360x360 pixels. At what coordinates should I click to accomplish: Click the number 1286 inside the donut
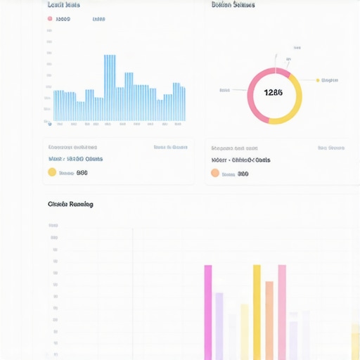(x=274, y=93)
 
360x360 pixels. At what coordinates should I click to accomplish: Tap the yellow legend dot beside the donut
(x=318, y=80)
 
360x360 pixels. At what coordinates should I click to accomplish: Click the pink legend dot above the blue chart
(x=49, y=20)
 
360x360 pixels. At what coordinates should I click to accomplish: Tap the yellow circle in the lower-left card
(x=52, y=172)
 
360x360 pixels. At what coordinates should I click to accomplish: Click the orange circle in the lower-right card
(x=215, y=173)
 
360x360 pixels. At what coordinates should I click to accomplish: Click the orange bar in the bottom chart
(x=269, y=320)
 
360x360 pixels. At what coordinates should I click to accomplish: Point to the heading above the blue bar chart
(x=63, y=5)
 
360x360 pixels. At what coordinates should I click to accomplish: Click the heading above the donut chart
(x=233, y=5)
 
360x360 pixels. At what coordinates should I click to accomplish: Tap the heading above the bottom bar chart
(x=70, y=204)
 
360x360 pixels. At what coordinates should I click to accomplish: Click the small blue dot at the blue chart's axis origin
(x=49, y=123)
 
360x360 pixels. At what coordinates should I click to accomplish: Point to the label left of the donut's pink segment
(x=225, y=90)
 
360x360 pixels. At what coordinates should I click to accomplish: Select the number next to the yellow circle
(x=82, y=172)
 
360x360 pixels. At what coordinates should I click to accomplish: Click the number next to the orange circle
(x=243, y=174)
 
